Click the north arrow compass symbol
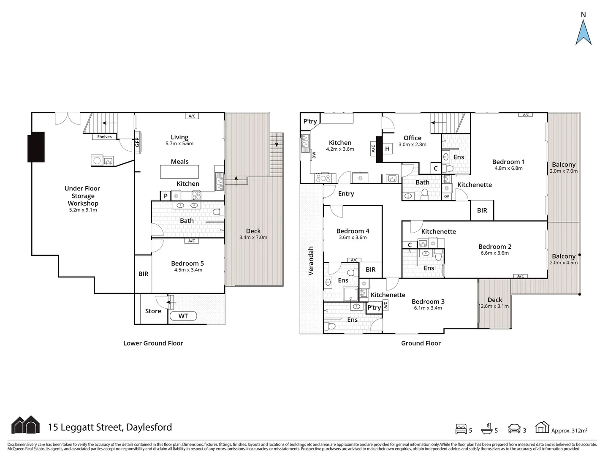coord(583,32)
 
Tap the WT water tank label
coord(183,316)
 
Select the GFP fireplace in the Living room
coord(137,142)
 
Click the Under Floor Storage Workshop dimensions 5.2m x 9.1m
coord(83,210)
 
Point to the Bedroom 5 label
coord(187,263)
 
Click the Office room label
coord(412,138)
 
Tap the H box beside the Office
coord(387,149)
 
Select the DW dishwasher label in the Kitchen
coord(314,155)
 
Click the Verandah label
coord(311,261)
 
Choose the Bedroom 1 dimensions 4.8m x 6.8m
coord(508,168)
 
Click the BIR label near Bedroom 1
coord(482,210)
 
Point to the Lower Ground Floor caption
coord(153,343)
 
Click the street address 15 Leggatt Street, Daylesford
coord(110,427)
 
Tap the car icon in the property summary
coord(514,429)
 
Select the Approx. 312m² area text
coord(569,431)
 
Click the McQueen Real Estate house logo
coord(25,425)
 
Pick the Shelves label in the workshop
coord(104,137)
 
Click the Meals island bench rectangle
coord(179,171)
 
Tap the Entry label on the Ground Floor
coord(346,193)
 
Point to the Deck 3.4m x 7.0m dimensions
coord(253,237)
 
